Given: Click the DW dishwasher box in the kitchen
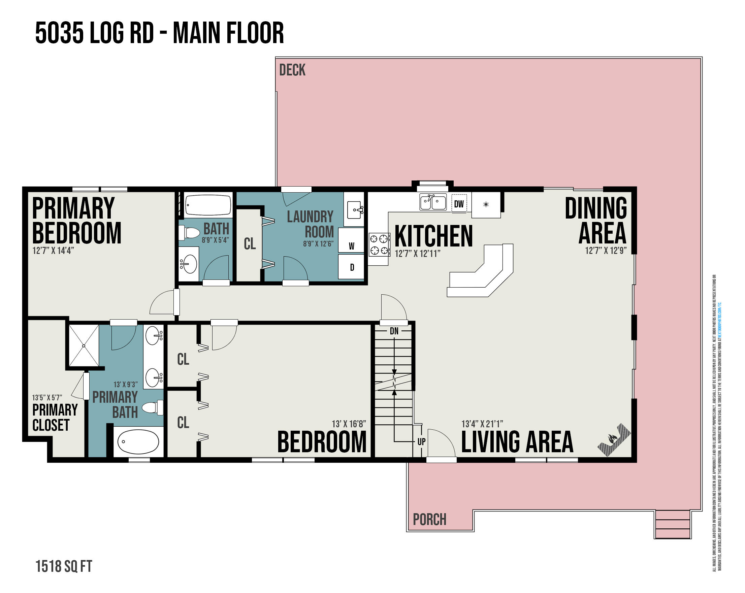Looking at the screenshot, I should (459, 203).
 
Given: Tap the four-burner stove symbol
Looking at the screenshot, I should (379, 244).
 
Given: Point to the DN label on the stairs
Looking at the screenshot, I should (394, 331).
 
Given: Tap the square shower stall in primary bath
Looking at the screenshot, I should (84, 345).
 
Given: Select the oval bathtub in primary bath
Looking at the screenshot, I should (138, 442).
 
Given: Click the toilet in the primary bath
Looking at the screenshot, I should (153, 407).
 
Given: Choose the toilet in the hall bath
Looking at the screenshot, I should (189, 233).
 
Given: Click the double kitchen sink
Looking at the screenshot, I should (433, 202).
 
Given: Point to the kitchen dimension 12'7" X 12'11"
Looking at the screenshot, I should (417, 254).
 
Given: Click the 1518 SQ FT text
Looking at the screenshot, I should (64, 566).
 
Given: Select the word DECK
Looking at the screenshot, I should (292, 70).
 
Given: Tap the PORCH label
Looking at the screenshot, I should (429, 519).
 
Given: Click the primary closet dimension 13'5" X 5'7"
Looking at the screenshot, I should (47, 397).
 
